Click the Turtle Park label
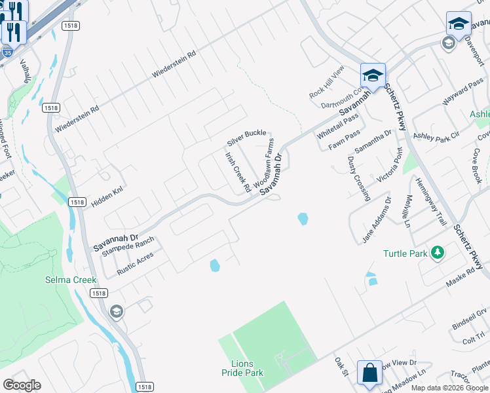(405, 253)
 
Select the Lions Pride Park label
(247, 368)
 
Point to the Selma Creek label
(71, 280)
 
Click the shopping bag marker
(369, 372)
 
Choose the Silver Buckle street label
(246, 138)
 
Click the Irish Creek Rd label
(238, 172)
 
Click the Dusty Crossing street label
(359, 178)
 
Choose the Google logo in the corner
(22, 385)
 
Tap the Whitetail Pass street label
(337, 124)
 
